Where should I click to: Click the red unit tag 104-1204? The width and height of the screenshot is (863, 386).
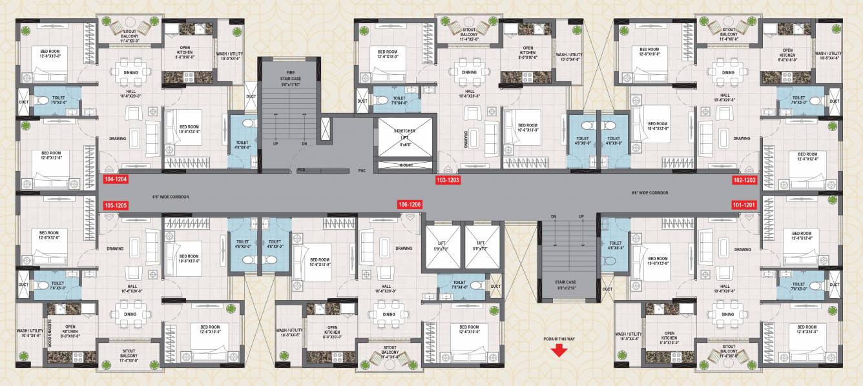click(116, 180)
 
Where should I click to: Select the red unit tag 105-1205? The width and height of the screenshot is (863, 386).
click(116, 206)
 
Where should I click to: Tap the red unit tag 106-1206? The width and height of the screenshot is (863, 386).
click(410, 205)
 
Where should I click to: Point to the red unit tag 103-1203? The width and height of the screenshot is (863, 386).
click(448, 180)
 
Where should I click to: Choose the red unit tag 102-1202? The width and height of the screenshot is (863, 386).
click(744, 180)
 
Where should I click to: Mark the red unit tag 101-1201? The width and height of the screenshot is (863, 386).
click(744, 205)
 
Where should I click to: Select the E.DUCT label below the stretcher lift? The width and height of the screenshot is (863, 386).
click(406, 165)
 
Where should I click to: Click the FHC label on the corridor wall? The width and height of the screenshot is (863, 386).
click(362, 170)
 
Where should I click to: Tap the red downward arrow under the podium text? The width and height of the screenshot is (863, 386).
click(559, 350)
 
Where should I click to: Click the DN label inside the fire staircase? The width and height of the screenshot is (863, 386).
click(304, 144)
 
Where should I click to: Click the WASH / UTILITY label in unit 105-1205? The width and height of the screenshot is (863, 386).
click(29, 332)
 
